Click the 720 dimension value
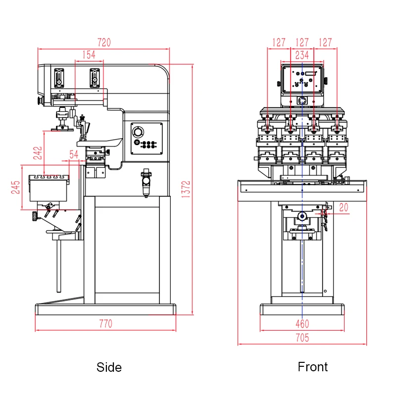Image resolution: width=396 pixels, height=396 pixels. pos(103,43)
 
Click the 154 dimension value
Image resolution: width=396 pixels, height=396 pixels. pos(89,55)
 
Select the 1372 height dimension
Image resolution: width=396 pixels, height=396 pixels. pos(186,190)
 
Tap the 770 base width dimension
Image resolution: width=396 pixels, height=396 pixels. pos(105,324)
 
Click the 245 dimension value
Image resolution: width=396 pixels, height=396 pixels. pos(15,188)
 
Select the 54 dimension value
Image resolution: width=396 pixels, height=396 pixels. pos(73,154)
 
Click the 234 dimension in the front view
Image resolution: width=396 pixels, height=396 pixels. pos(302,55)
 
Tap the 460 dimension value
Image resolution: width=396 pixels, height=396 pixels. pos(302,324)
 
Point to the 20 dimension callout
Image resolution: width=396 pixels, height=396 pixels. pos(344,208)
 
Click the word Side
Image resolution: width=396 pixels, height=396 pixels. pos(109,367)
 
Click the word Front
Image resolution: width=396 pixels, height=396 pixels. pos(312,367)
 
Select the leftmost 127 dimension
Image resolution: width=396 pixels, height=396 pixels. pos(279,43)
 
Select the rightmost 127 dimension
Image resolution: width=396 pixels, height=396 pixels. pos(325,43)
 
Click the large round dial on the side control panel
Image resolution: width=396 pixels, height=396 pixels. pos(137,132)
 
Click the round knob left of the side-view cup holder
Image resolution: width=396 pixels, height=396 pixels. pos(34,215)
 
